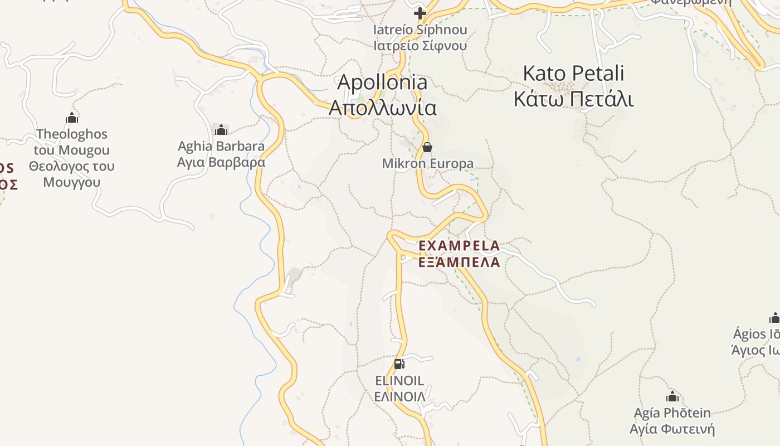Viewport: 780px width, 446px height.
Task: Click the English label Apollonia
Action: pyautogui.click(x=383, y=83)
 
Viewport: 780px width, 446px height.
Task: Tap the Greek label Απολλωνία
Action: pyautogui.click(x=383, y=108)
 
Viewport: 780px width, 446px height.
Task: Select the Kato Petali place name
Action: pyautogui.click(x=574, y=74)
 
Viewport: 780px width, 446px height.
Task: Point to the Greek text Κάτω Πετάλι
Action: pyautogui.click(x=574, y=99)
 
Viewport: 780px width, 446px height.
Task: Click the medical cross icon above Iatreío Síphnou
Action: pyautogui.click(x=420, y=13)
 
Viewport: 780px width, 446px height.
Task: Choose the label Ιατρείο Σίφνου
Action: pyautogui.click(x=420, y=46)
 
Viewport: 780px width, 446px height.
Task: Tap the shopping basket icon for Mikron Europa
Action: pyautogui.click(x=427, y=147)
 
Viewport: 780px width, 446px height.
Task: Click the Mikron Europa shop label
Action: pyautogui.click(x=427, y=163)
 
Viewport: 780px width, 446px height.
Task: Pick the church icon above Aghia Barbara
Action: pyautogui.click(x=221, y=130)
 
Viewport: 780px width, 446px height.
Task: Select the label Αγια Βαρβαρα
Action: pyautogui.click(x=221, y=162)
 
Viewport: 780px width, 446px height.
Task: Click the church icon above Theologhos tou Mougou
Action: pyautogui.click(x=72, y=118)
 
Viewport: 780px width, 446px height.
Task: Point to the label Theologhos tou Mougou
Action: pyautogui.click(x=72, y=142)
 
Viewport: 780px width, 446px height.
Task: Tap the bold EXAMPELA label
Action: pyautogui.click(x=459, y=245)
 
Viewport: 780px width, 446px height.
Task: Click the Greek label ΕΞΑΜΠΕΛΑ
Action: pyautogui.click(x=459, y=262)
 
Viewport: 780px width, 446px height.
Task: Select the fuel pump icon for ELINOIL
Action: pyautogui.click(x=399, y=364)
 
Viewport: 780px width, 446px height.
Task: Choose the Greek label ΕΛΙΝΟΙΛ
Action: pyautogui.click(x=399, y=397)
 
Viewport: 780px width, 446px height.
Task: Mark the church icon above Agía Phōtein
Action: pyautogui.click(x=672, y=397)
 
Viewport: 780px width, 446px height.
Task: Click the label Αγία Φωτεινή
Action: pyautogui.click(x=672, y=429)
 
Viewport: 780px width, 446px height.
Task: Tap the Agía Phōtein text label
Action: pyautogui.click(x=672, y=413)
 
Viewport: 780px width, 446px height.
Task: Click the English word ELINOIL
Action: pyautogui.click(x=399, y=381)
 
